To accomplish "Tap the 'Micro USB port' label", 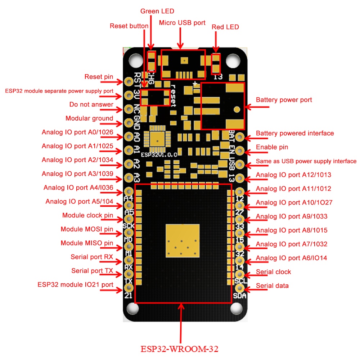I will (182, 23).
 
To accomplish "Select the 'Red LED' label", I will (225, 27).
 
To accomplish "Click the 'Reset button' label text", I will (129, 26).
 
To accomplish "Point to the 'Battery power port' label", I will (284, 100).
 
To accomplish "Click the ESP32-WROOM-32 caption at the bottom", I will (180, 349).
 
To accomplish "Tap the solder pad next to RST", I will (129, 81).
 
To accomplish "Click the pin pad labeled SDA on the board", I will (240, 288).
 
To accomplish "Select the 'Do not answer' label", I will (91, 104).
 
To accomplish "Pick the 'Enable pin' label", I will (272, 147).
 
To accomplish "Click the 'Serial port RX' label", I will (92, 257).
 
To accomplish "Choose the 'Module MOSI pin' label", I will (87, 229).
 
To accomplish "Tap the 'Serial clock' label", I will (273, 272).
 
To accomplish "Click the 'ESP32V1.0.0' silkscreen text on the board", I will (159, 155).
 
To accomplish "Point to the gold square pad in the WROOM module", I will (183, 241).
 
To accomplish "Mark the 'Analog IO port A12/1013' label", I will (293, 175).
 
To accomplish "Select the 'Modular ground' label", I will (89, 118).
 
